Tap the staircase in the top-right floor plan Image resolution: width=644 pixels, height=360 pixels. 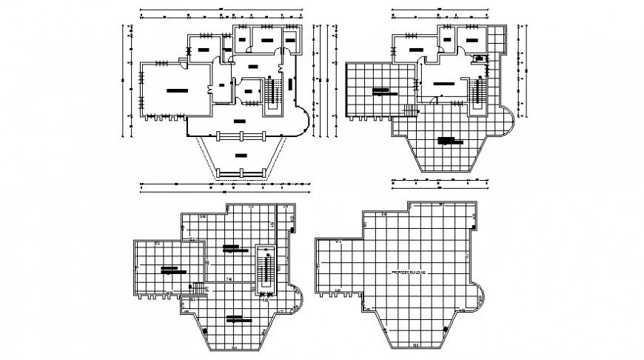click(477, 94)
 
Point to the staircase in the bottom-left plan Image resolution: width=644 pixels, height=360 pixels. click(264, 268)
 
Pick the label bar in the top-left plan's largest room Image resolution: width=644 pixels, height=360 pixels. click(177, 90)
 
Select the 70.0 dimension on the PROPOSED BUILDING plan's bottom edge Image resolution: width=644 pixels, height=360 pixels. click(416, 344)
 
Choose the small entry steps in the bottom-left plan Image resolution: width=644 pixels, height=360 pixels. click(198, 287)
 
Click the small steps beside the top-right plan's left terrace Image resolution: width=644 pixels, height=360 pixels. click(409, 111)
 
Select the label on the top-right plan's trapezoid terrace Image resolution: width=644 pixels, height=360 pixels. click(446, 139)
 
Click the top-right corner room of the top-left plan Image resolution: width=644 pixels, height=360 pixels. click(289, 37)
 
